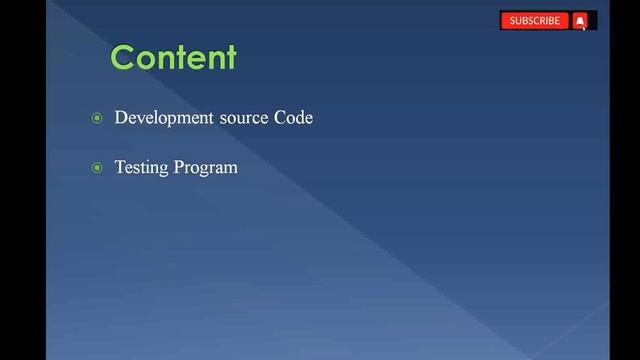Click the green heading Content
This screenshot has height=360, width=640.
coord(173,57)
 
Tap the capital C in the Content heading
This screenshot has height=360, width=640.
coord(124,57)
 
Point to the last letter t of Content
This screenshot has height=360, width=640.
coord(230,57)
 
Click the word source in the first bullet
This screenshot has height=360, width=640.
coord(240,118)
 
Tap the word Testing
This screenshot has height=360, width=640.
coord(142,167)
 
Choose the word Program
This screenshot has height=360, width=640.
coord(206,168)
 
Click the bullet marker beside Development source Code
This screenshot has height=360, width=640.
coord(97,119)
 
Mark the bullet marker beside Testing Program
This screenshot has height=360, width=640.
coord(97,168)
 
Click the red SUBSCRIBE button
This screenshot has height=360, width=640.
coord(535,20)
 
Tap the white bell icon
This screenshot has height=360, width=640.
coord(580,20)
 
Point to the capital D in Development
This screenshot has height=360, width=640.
coord(122,118)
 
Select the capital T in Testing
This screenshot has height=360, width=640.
coord(120,167)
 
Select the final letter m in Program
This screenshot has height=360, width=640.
coord(231,168)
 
